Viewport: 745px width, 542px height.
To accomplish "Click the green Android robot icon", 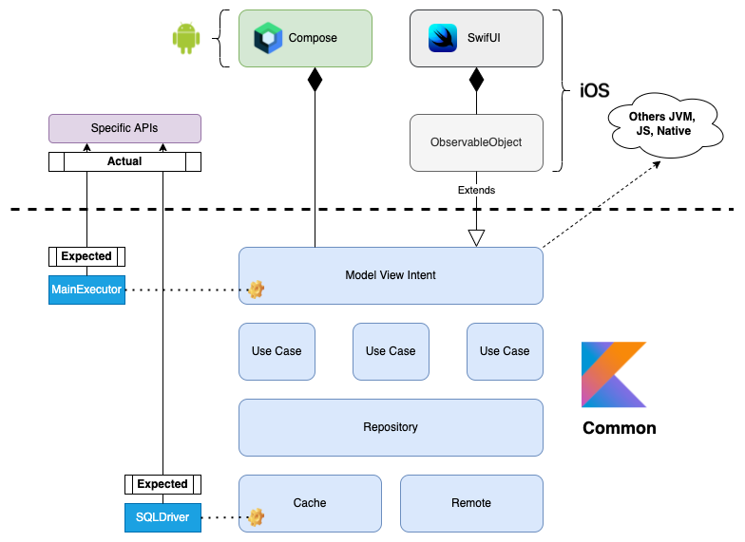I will click(x=187, y=38).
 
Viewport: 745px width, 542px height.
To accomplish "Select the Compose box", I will click(x=304, y=38).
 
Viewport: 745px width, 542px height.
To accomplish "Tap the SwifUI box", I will click(x=475, y=38).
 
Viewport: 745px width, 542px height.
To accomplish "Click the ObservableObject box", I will click(x=475, y=142).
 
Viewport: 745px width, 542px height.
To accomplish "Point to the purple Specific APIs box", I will click(x=124, y=128).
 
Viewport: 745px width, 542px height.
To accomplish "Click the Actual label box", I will click(x=124, y=161).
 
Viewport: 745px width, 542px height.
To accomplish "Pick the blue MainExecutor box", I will click(x=86, y=290).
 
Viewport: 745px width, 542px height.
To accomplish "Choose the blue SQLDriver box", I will click(x=162, y=517).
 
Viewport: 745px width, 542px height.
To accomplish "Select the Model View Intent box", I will click(x=391, y=275).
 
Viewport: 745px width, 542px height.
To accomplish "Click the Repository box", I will click(x=391, y=427).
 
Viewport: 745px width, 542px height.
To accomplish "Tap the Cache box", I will click(x=310, y=503).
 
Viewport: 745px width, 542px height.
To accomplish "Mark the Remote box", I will click(x=471, y=503).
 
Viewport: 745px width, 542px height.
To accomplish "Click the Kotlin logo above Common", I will click(x=614, y=376).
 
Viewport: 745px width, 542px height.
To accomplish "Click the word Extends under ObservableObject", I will click(x=476, y=190).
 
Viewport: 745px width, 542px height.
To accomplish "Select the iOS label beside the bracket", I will click(x=594, y=92).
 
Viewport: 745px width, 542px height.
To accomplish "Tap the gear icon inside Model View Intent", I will click(x=256, y=290).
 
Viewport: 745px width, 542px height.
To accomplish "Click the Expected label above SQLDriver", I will click(x=162, y=484).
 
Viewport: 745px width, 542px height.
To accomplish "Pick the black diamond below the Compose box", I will click(x=315, y=81).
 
